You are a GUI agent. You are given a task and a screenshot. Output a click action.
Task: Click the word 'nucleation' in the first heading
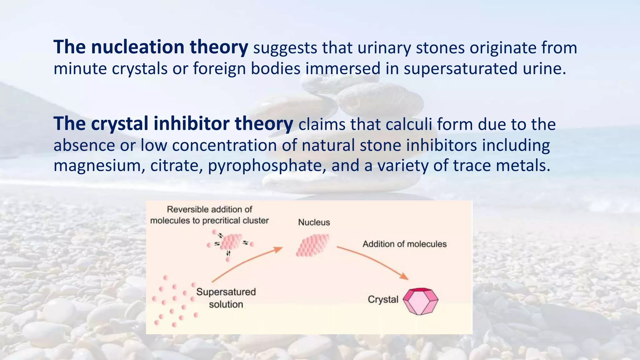137,47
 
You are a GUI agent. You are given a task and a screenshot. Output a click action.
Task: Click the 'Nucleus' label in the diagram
314,222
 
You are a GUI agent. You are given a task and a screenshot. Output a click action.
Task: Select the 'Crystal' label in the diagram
383,299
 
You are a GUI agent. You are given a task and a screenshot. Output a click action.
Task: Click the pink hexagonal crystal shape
420,301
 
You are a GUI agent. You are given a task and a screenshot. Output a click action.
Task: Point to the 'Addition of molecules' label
404,244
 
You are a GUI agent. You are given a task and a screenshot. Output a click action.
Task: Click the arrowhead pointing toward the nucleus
278,249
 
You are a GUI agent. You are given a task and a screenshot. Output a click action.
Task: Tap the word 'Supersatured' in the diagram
226,292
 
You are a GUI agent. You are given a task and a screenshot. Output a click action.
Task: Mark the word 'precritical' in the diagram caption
220,221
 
